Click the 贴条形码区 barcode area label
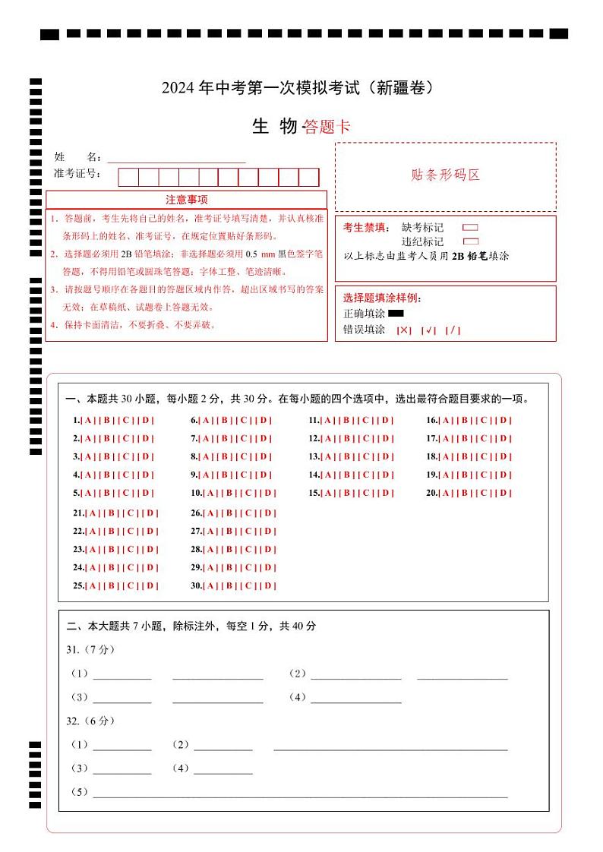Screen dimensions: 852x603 (x=445, y=175)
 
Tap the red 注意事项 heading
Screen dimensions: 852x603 (x=187, y=200)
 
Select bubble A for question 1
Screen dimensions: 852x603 (x=88, y=420)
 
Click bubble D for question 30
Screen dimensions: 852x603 (x=269, y=585)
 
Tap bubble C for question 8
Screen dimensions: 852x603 (x=245, y=456)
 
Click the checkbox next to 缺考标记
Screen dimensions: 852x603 (x=470, y=227)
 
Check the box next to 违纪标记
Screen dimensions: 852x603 (x=470, y=241)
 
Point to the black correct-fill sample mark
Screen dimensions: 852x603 (x=396, y=313)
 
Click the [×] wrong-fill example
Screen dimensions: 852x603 (x=404, y=330)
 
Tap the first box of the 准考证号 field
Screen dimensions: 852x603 (x=128, y=178)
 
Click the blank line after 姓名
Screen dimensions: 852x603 (x=176, y=158)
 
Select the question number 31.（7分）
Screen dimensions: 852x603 (x=90, y=649)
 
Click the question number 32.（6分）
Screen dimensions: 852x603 (x=90, y=721)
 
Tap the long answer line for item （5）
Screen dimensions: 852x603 (x=300, y=793)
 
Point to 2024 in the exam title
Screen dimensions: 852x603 (x=178, y=88)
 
